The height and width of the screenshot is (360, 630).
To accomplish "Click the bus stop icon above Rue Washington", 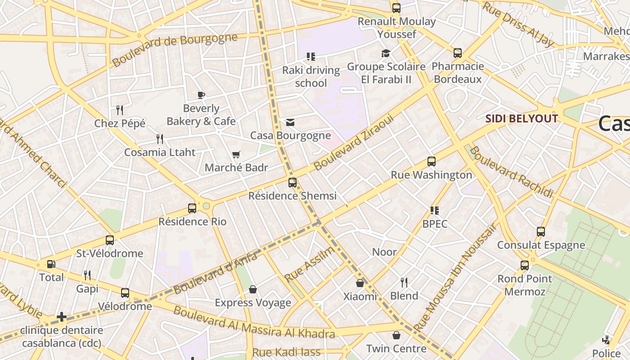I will [431, 162].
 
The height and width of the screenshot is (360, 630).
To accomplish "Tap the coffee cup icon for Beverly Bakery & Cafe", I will [201, 95].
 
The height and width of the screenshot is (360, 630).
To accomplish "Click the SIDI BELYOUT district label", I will [522, 119].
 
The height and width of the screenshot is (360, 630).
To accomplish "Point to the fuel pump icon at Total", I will [52, 264].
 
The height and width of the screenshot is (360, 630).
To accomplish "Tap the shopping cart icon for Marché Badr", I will [236, 155].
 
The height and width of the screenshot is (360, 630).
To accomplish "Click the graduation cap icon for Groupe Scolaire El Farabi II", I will [386, 54].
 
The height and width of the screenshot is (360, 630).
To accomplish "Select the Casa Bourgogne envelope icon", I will [290, 122].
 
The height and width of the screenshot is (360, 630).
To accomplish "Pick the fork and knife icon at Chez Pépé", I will [120, 110].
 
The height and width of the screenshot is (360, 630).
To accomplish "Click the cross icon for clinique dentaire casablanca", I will [62, 317].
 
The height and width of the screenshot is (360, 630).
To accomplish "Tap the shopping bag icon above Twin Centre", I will [396, 335].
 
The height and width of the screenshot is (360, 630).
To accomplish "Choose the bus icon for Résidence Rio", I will [192, 208].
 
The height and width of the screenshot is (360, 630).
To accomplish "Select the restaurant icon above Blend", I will [404, 283].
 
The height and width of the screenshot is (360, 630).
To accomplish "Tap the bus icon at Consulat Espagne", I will [541, 232].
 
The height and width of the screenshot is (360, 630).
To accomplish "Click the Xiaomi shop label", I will [360, 296].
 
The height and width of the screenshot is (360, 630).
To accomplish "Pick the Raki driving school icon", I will [311, 57].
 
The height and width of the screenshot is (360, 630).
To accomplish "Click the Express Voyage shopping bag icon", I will [253, 289].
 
